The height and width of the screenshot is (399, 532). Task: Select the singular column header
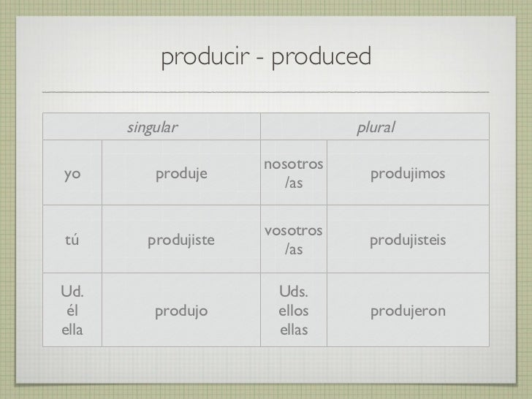pos(152,128)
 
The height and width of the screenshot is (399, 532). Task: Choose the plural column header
pos(375,128)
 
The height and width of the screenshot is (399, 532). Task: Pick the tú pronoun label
pos(72,240)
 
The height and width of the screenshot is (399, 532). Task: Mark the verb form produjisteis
pos(408,240)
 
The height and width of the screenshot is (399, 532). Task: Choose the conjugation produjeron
pos(408,312)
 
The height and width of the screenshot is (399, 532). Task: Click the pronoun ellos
pos(294,312)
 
